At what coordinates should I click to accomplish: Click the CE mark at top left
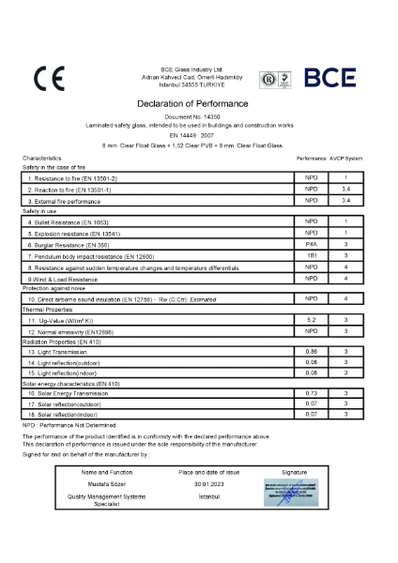click(46, 79)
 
